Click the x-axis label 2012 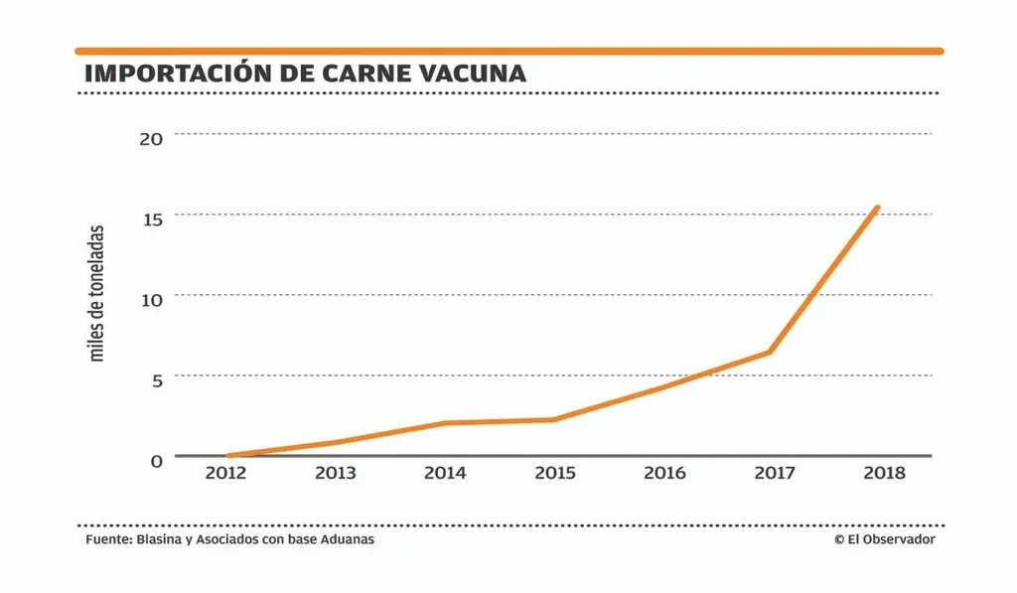tap(225, 473)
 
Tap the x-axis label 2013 tap(336, 473)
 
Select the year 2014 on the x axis tap(445, 473)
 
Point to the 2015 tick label tap(554, 473)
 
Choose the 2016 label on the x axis tap(664, 473)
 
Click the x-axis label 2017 tap(774, 473)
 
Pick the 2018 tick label tap(884, 473)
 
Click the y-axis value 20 tap(151, 137)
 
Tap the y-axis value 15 tap(151, 218)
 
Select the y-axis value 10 tap(151, 298)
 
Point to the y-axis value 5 tap(156, 378)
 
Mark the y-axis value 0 tap(156, 460)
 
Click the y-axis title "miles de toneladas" tap(97, 294)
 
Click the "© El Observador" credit tap(885, 539)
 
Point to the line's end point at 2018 tap(877, 208)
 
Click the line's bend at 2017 tap(770, 352)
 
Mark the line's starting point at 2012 tap(227, 456)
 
